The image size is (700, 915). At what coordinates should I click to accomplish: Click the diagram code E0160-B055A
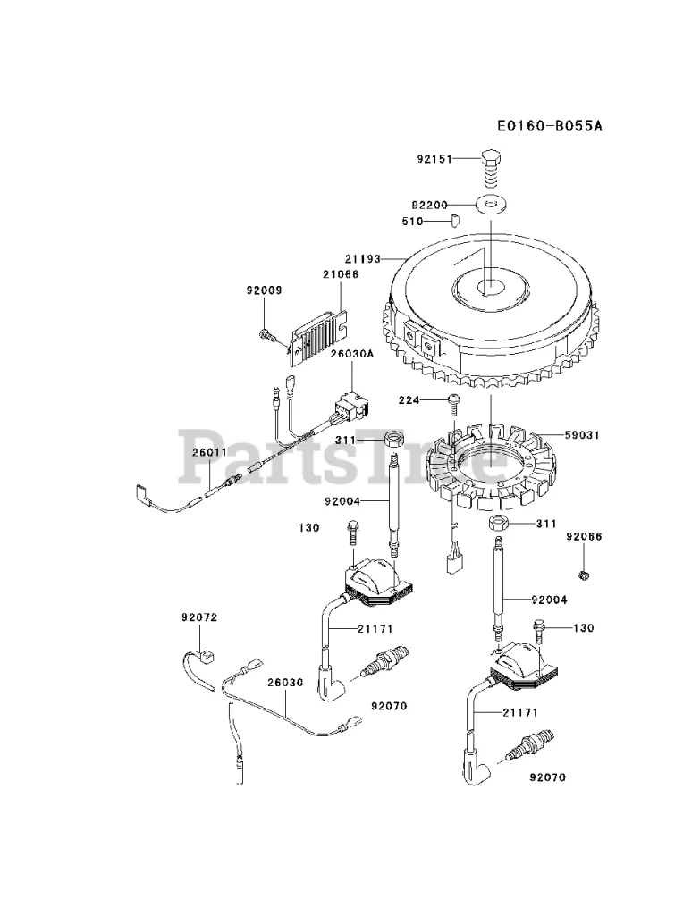tap(550, 125)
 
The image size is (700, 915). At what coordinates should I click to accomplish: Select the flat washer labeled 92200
tap(492, 205)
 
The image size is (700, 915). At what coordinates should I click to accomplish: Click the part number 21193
tap(363, 258)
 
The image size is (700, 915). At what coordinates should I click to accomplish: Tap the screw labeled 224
tap(454, 402)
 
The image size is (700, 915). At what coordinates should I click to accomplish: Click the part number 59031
tap(582, 435)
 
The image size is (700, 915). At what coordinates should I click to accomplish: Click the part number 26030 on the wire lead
tap(286, 682)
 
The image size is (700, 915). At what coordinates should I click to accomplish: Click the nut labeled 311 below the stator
tap(497, 523)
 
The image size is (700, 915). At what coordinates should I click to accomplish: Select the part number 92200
tap(429, 206)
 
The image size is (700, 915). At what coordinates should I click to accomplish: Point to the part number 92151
tap(434, 159)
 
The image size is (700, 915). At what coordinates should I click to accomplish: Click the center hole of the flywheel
tap(491, 286)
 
